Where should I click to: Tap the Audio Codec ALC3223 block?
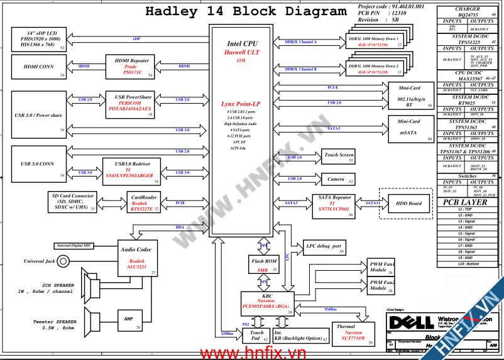coord(138,258)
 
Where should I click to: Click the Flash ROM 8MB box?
coord(263,265)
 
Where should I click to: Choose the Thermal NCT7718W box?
coord(349,334)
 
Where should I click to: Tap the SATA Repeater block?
coord(333,205)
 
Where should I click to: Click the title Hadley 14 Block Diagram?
coord(246,11)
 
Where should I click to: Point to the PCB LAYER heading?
coord(465,203)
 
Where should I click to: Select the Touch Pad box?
coord(257,335)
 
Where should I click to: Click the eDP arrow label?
coord(136,38)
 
